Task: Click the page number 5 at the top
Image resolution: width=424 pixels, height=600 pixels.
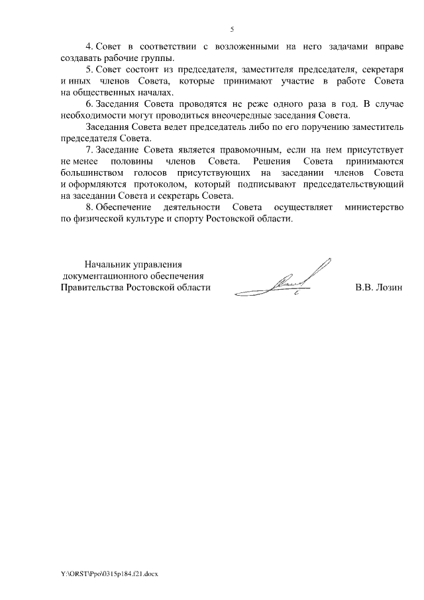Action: pos(232,29)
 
